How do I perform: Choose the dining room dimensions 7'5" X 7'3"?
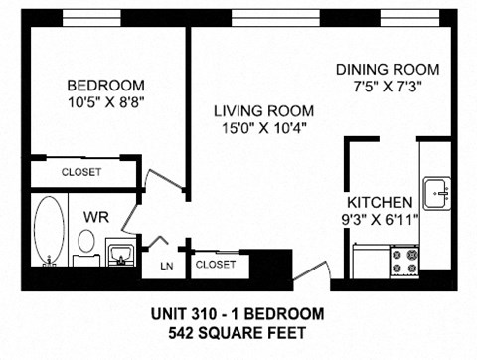click(x=387, y=86)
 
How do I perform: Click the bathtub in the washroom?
click(x=48, y=232)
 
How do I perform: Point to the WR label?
click(x=95, y=216)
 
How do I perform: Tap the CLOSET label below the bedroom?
click(x=81, y=172)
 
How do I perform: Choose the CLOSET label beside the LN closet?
click(x=216, y=264)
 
